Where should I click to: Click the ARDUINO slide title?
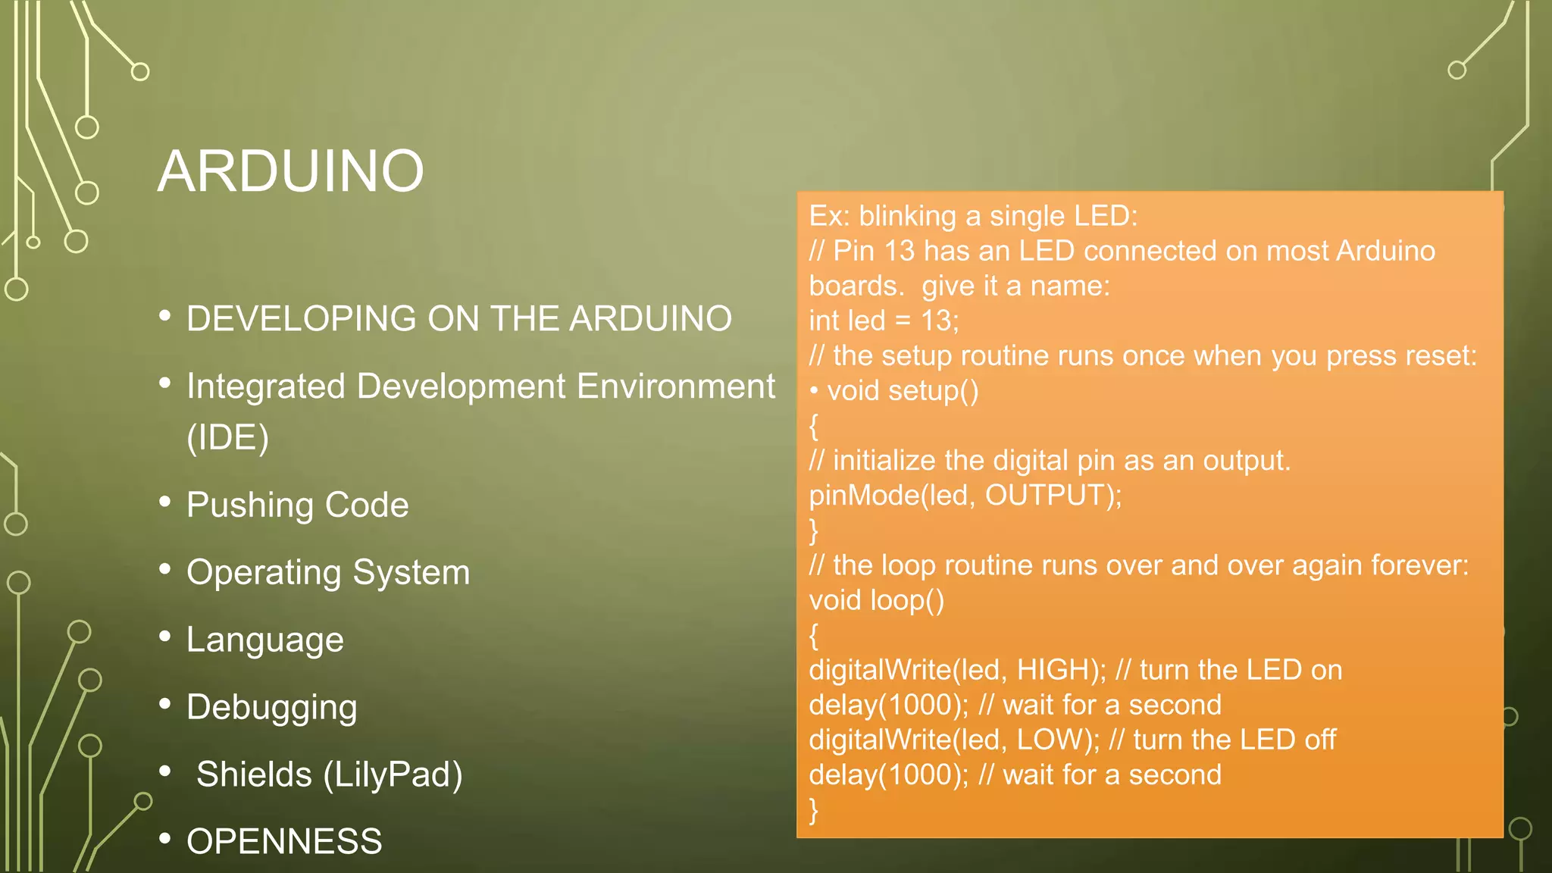(x=290, y=171)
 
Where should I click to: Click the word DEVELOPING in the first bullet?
(x=300, y=318)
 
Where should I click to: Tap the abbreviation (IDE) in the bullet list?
(x=227, y=437)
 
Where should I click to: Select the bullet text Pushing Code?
(x=297, y=505)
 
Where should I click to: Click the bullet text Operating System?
(x=327, y=572)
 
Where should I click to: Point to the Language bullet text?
(x=264, y=640)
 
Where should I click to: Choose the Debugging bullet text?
(x=271, y=707)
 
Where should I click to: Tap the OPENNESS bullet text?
(x=284, y=841)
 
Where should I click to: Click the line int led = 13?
(x=884, y=321)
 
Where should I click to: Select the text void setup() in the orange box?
(x=903, y=391)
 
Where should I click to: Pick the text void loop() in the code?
(x=876, y=600)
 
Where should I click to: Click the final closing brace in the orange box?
(x=814, y=809)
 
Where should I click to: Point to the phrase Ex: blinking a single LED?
(x=973, y=217)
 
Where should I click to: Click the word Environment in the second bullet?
(x=675, y=386)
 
